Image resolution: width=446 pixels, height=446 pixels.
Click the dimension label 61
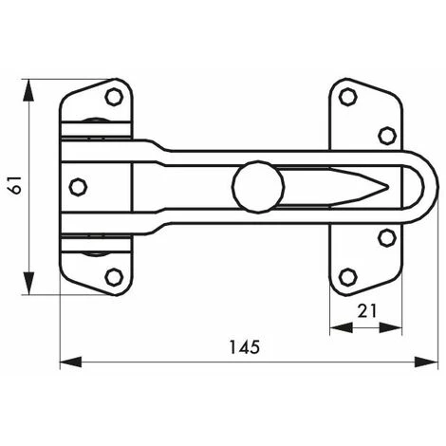click(x=16, y=185)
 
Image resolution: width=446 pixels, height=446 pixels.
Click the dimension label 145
click(x=244, y=347)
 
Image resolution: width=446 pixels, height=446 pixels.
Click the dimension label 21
click(x=367, y=311)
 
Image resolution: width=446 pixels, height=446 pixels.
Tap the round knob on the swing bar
click(x=258, y=187)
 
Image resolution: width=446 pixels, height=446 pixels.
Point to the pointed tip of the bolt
click(x=388, y=187)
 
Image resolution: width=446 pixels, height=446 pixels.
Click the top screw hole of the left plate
click(x=114, y=97)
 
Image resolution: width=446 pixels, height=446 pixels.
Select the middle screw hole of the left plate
click(x=78, y=187)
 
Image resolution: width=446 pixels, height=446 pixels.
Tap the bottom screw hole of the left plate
click(x=114, y=277)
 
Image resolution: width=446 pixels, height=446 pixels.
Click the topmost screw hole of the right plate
click(x=348, y=97)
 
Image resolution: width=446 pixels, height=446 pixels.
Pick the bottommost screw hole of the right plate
click(x=348, y=277)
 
